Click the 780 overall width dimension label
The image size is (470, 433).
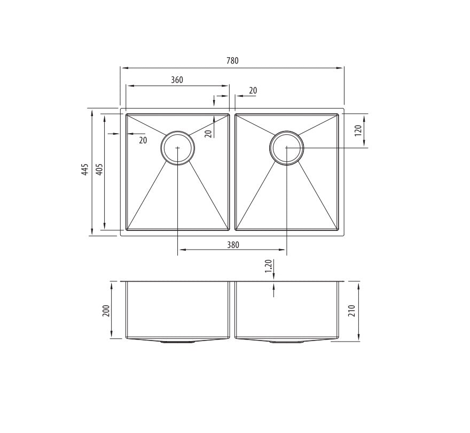232,61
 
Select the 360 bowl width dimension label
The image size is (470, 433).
177,80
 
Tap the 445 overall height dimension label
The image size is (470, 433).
85,170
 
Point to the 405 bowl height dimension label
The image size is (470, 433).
99,169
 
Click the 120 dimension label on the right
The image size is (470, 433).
358,129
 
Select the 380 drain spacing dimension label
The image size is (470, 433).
233,245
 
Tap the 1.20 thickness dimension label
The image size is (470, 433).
268,266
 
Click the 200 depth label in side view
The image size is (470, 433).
106,310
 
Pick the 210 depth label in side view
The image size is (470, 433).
351,311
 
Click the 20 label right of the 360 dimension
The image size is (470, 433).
253,91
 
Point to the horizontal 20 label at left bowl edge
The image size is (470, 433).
143,141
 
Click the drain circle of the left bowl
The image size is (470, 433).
178,148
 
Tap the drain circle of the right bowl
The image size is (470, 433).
287,148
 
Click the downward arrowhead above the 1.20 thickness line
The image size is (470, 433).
273,276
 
